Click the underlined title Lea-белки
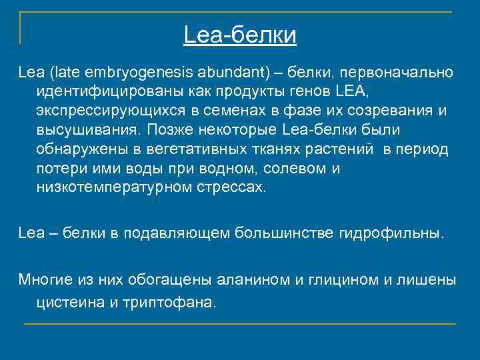click(x=240, y=35)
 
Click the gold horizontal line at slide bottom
click(x=240, y=324)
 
